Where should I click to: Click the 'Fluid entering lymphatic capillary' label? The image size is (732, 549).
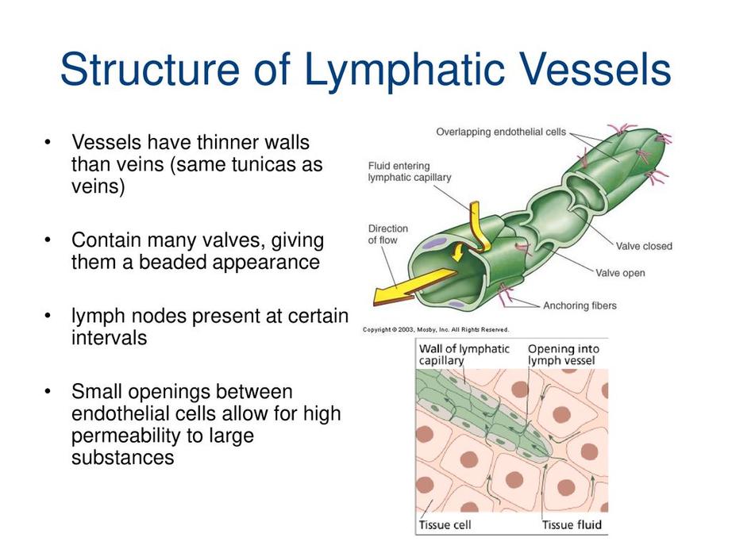pos(410,171)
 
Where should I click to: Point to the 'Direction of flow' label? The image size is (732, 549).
pos(388,234)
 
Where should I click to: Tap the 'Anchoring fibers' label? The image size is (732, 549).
pos(580,305)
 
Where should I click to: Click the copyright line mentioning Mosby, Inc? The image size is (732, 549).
pos(436,329)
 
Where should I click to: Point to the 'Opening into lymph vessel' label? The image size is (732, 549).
pos(564,354)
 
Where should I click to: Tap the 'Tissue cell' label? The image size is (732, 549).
pos(445,524)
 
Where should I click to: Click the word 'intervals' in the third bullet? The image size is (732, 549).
pos(109,337)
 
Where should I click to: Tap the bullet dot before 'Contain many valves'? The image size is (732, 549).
pos(49,239)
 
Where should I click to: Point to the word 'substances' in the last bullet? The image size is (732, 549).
pos(122,458)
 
